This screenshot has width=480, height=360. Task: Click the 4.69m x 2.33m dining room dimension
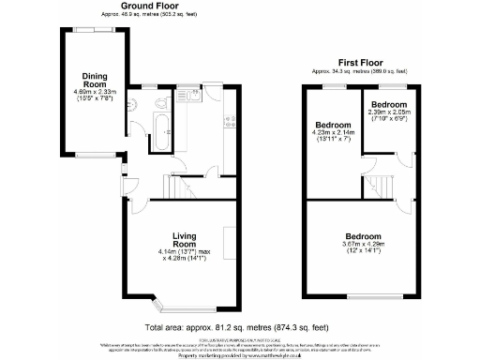coord(95,96)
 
